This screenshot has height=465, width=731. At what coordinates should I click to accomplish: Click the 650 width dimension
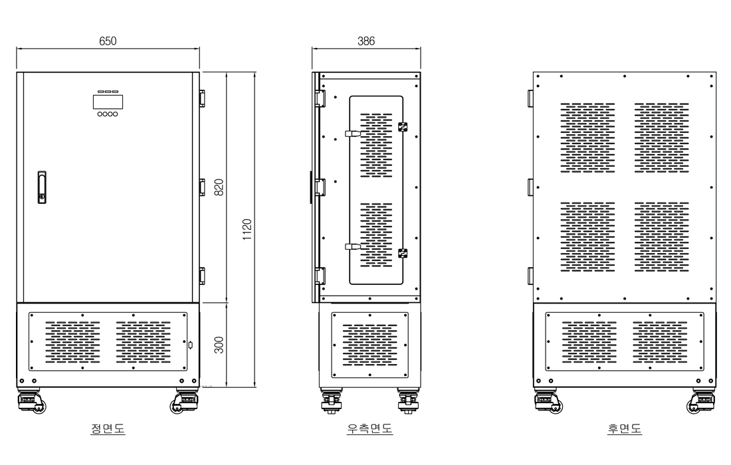click(108, 41)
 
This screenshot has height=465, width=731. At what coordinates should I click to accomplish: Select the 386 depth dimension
click(366, 41)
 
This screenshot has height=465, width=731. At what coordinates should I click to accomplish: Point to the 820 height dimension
click(219, 187)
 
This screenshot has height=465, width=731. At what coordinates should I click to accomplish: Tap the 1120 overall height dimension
click(247, 229)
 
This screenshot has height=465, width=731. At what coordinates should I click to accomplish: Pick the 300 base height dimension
click(219, 345)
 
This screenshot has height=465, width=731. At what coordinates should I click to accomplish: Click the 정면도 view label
click(108, 428)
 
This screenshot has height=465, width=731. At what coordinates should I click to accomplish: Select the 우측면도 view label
click(369, 428)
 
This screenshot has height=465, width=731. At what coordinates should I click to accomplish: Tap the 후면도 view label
click(624, 428)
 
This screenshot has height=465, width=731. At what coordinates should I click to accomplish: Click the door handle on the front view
click(42, 187)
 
